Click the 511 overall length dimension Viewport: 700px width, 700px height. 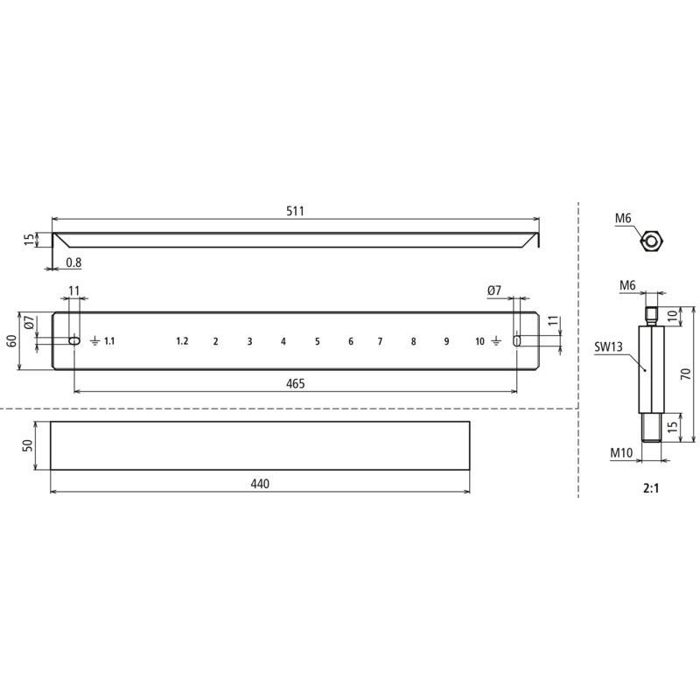pyautogui.click(x=295, y=211)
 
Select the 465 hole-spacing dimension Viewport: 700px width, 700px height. pyautogui.click(x=296, y=383)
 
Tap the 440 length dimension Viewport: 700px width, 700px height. pyautogui.click(x=260, y=484)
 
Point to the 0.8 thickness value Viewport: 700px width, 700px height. pyautogui.click(x=73, y=262)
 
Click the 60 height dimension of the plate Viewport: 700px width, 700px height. pyautogui.click(x=12, y=340)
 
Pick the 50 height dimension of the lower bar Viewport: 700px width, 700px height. pyautogui.click(x=28, y=445)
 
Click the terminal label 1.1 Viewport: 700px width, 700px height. pyautogui.click(x=109, y=341)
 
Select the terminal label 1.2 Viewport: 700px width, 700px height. pyautogui.click(x=182, y=341)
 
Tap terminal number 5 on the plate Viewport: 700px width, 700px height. pyautogui.click(x=318, y=341)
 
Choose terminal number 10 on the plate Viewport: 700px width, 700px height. pyautogui.click(x=479, y=341)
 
